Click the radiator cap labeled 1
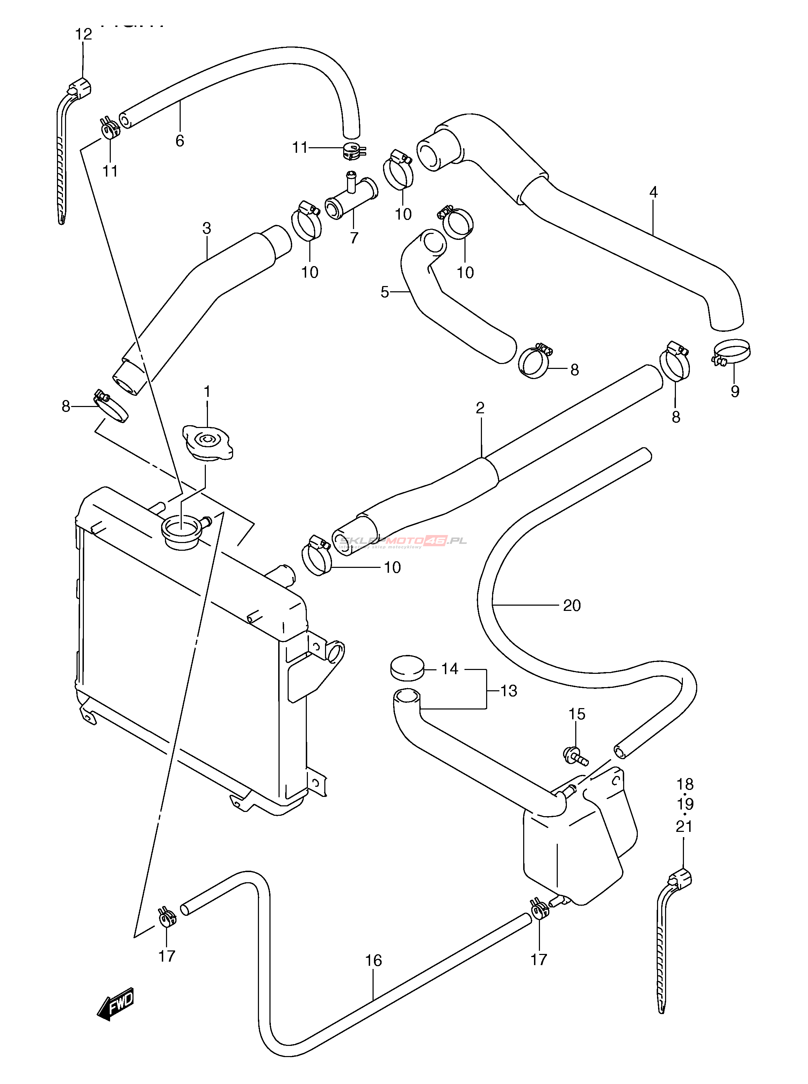coord(207,442)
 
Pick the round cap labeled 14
coord(407,668)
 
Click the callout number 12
coord(84,34)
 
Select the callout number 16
coord(373,960)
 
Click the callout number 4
coord(654,192)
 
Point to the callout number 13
coord(508,691)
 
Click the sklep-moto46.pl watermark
coord(404,541)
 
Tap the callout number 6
coord(180,141)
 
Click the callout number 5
coord(385,292)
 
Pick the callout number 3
coord(207,229)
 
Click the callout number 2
coord(480,408)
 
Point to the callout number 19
coord(685,804)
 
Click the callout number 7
coord(354,238)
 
